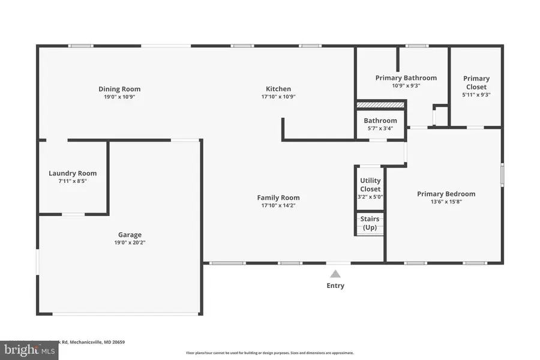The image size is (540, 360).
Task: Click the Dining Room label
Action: click(119, 89)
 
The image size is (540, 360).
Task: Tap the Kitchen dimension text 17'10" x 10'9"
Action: click(278, 97)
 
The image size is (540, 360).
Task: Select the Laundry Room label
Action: click(73, 173)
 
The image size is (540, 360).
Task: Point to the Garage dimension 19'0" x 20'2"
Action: click(130, 242)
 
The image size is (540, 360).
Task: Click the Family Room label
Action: click(278, 197)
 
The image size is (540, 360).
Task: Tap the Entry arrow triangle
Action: click(335, 274)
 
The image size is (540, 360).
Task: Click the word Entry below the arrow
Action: click(335, 286)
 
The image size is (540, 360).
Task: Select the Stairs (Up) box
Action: click(370, 223)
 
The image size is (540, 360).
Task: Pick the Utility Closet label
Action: click(370, 185)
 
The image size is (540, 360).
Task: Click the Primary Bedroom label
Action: click(446, 194)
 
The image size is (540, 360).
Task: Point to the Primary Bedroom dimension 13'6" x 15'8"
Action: click(446, 202)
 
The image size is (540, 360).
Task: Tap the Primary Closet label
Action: click(476, 82)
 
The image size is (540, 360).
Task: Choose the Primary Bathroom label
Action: click(406, 78)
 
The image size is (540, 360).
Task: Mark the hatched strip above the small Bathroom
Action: click(380, 105)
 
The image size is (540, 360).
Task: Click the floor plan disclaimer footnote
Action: click(269, 353)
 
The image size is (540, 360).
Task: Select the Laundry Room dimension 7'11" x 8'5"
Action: click(73, 181)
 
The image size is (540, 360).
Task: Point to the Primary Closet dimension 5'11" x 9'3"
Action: click(476, 94)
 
